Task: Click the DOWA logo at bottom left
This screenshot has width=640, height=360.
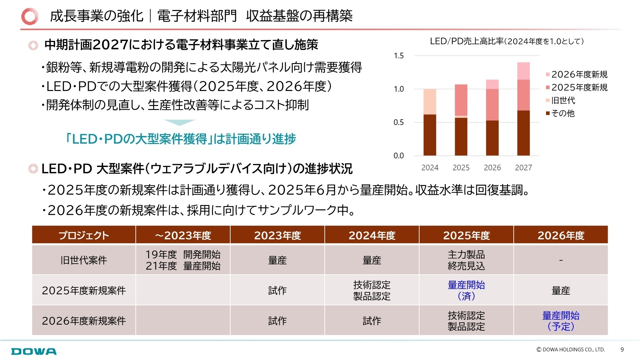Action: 34,351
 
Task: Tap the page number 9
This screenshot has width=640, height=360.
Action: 622,349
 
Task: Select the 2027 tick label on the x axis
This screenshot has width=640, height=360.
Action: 523,168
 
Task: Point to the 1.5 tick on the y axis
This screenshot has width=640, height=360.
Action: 399,56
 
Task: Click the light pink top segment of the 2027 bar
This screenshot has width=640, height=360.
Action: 523,71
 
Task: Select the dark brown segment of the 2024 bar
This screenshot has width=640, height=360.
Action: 430,135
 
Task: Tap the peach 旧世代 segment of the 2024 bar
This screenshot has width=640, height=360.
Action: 430,101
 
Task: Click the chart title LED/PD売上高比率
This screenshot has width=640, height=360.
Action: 506,41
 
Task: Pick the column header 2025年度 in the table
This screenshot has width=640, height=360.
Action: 466,235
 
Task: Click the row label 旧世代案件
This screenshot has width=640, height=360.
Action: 84,260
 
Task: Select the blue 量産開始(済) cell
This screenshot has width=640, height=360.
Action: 466,290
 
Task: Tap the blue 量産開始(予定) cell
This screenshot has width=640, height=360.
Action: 561,321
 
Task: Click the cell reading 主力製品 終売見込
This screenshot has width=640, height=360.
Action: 466,260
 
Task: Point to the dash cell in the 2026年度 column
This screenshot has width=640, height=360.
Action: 561,260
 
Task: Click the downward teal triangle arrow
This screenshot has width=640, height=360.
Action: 180,123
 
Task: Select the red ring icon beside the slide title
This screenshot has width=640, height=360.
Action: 30,16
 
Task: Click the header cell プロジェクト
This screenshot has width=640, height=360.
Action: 84,235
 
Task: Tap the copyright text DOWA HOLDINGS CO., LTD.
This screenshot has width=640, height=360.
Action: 570,349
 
